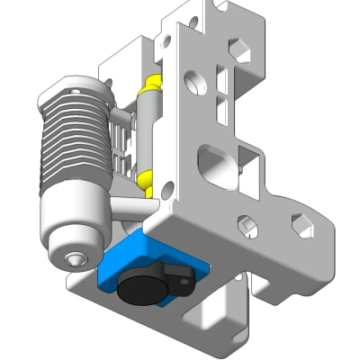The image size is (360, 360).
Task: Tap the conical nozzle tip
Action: [x=73, y=260]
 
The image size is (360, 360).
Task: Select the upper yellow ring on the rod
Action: [x=150, y=86]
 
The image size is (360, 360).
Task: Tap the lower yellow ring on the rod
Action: [x=147, y=175]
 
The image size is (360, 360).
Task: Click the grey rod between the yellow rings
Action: [x=149, y=130]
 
